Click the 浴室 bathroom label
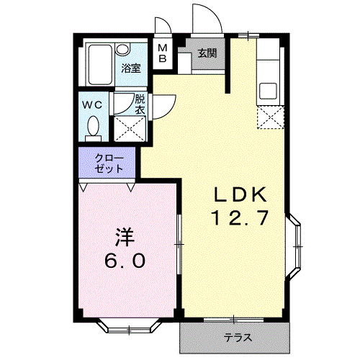click(131, 68)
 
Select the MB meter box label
click(163, 53)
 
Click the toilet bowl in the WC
click(93, 127)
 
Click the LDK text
click(240, 194)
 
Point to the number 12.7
click(240, 217)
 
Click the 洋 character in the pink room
click(123, 237)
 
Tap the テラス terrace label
click(235, 338)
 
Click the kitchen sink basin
click(270, 92)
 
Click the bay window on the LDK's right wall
click(297, 247)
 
